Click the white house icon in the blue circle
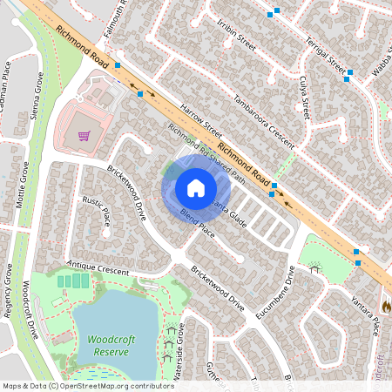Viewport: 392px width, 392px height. (195, 188)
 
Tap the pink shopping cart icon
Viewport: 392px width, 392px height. (84, 136)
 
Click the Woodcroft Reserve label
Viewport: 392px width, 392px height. (109, 345)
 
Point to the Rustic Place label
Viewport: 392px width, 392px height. (97, 210)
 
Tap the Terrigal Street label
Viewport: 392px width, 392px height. (325, 54)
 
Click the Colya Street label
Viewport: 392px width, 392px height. (305, 97)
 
